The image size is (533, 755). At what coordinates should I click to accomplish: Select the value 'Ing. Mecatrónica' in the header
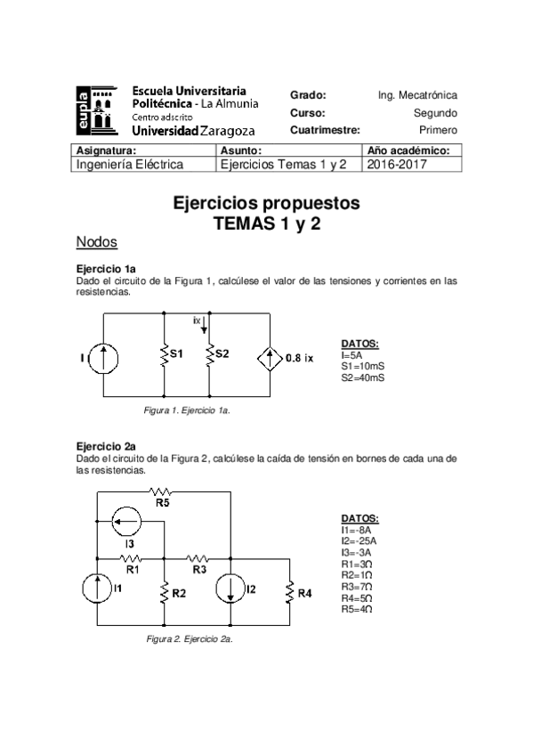pos(417,95)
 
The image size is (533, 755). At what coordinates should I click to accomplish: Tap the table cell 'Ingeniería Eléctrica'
pos(130,165)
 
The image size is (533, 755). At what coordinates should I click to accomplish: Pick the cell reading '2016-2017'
pos(396,165)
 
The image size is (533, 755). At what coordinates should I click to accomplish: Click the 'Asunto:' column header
pos(240,151)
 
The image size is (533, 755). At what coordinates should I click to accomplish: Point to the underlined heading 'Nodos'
pos(97,242)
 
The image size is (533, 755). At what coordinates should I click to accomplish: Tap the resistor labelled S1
pos(165,355)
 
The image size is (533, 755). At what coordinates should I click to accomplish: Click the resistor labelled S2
pos(208,355)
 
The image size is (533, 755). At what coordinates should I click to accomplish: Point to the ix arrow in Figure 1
pos(204,322)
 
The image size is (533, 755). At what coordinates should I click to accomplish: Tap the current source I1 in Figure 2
pos(97,589)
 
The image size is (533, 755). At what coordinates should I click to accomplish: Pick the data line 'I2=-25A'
pos(359,540)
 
